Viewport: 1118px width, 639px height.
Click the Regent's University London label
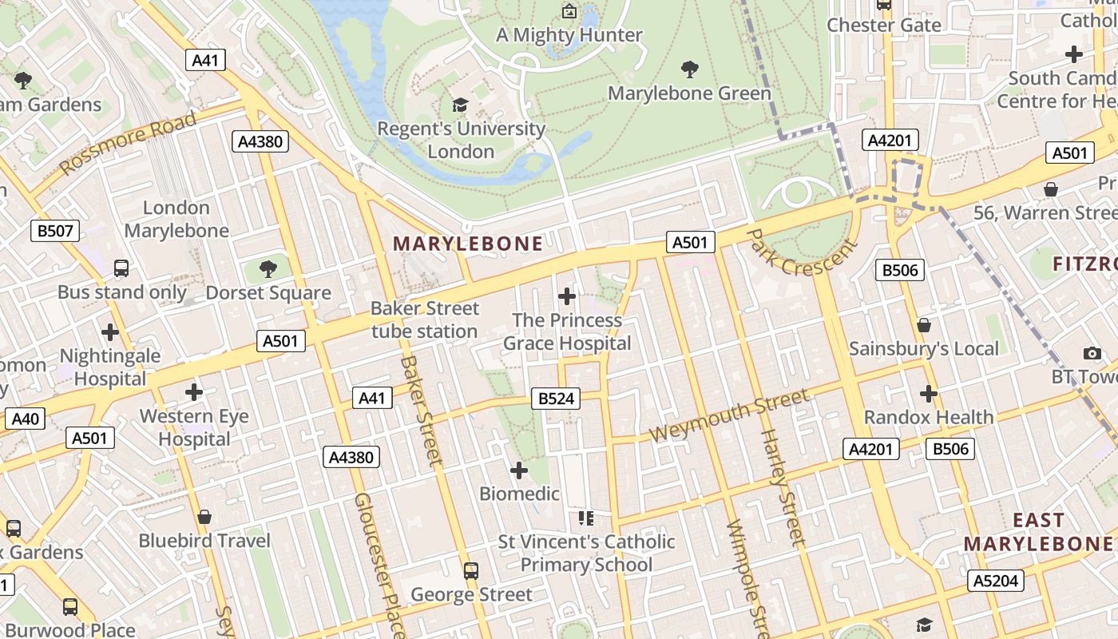coord(461,140)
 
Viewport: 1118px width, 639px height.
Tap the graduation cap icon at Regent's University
coord(460,105)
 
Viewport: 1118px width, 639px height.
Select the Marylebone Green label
coord(689,93)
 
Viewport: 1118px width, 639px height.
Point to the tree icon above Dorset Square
coord(268,268)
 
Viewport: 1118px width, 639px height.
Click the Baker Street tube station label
coord(425,319)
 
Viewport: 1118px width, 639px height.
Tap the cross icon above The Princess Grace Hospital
coord(567,296)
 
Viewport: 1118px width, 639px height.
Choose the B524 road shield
coord(556,399)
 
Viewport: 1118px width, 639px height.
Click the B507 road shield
coord(55,232)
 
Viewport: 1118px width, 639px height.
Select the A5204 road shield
coord(996,581)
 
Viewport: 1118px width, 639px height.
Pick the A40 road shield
coord(25,419)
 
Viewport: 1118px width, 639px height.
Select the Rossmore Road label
coord(128,143)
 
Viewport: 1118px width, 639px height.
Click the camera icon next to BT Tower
coord(1092,353)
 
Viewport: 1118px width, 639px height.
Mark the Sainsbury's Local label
coord(923,348)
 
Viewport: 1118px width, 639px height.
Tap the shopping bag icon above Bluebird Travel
coord(204,517)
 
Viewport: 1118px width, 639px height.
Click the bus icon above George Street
coord(471,570)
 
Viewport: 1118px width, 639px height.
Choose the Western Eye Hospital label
coord(194,427)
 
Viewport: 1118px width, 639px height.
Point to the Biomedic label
coord(519,494)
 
